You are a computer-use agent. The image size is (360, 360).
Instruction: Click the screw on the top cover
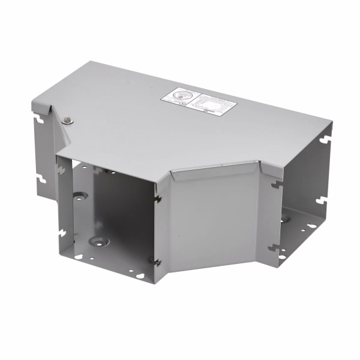[67, 119]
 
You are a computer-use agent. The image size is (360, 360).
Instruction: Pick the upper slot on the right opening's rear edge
[325, 139]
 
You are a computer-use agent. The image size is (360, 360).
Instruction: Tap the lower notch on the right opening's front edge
[274, 246]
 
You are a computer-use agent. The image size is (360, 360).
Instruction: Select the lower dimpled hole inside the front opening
[96, 241]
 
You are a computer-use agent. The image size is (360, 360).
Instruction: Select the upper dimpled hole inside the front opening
[80, 196]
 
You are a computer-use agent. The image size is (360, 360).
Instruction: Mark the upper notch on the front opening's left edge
[60, 170]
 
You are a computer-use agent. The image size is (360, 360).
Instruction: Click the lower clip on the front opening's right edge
[156, 260]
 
